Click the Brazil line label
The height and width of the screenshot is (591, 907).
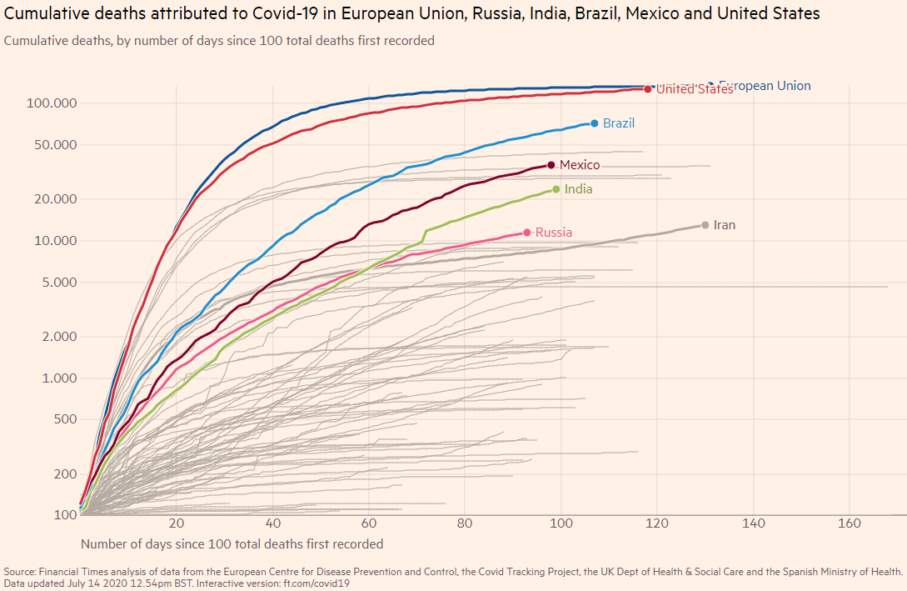click(619, 123)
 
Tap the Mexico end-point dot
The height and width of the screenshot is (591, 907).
click(551, 165)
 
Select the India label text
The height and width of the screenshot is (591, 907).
click(578, 189)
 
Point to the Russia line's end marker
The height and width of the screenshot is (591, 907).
click(527, 233)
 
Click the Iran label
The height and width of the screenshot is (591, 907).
click(725, 225)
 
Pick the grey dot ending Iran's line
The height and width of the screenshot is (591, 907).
click(705, 225)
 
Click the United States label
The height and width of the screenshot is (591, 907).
click(695, 89)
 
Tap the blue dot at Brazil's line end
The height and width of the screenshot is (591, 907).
click(595, 123)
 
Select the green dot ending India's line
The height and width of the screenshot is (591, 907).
click(556, 189)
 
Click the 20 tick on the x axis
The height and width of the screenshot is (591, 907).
click(177, 524)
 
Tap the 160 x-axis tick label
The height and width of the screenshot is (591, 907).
click(850, 524)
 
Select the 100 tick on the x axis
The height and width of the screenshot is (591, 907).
click(561, 524)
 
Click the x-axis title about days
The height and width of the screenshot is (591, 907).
click(232, 543)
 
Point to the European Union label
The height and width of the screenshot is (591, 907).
click(765, 86)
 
